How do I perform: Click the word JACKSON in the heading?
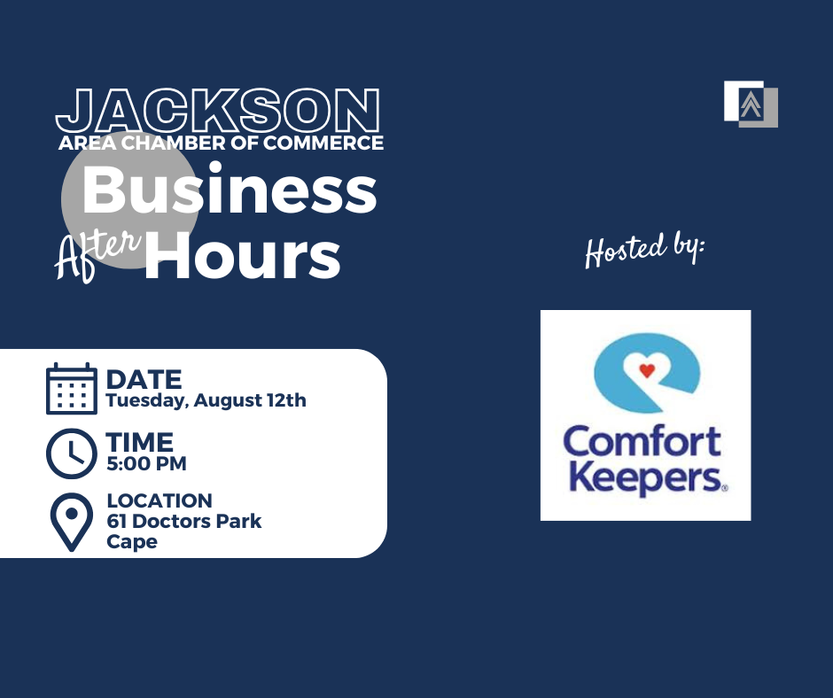click(218, 111)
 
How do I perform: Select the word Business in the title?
click(230, 189)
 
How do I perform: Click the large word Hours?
click(242, 255)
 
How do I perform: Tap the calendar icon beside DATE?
click(72, 389)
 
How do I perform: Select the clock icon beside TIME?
click(72, 454)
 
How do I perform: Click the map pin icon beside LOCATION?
click(72, 523)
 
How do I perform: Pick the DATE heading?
click(144, 380)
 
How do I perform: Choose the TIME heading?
click(140, 442)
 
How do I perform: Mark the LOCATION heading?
click(160, 500)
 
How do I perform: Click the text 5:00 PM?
click(146, 464)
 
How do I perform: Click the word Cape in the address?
click(132, 542)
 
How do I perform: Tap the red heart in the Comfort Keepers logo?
click(647, 370)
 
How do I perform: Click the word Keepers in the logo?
click(645, 478)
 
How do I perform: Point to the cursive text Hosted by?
click(645, 250)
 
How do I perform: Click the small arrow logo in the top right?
click(751, 105)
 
